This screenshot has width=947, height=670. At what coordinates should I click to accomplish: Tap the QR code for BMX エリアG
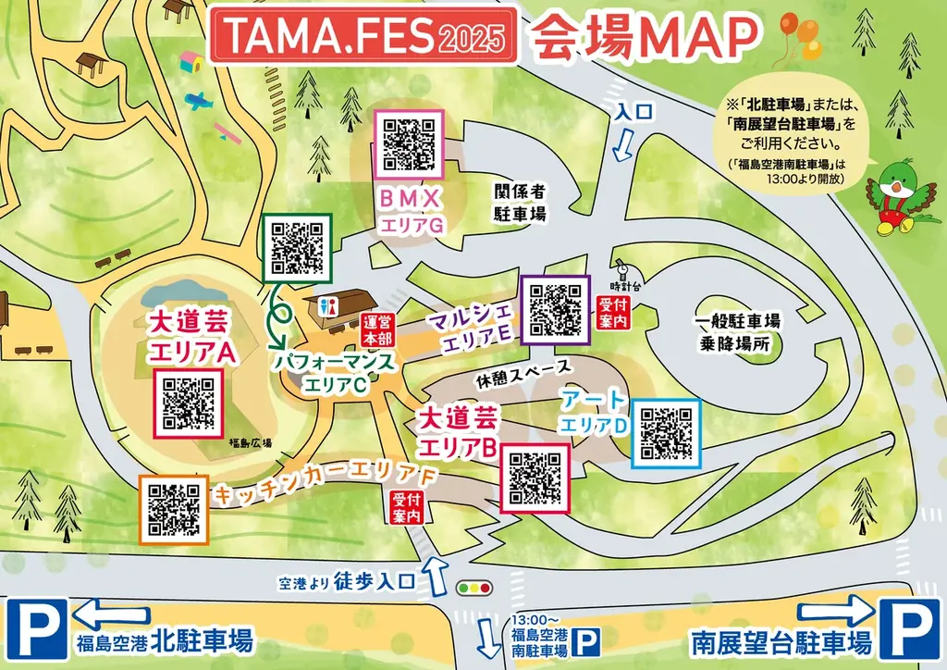409,143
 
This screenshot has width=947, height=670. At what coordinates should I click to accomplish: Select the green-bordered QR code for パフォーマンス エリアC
297,247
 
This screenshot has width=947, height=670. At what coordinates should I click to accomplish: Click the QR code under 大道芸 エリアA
189,403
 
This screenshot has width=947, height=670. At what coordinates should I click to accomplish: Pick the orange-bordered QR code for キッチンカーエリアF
174,508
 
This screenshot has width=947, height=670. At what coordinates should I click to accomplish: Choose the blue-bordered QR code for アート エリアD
666,433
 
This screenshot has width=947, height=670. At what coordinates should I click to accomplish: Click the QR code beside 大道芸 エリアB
535,478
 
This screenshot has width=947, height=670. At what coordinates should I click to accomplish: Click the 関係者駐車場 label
520,202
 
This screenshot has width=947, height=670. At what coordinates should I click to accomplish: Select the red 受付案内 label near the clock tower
613,311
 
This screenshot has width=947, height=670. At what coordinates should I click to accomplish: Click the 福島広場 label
251,443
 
